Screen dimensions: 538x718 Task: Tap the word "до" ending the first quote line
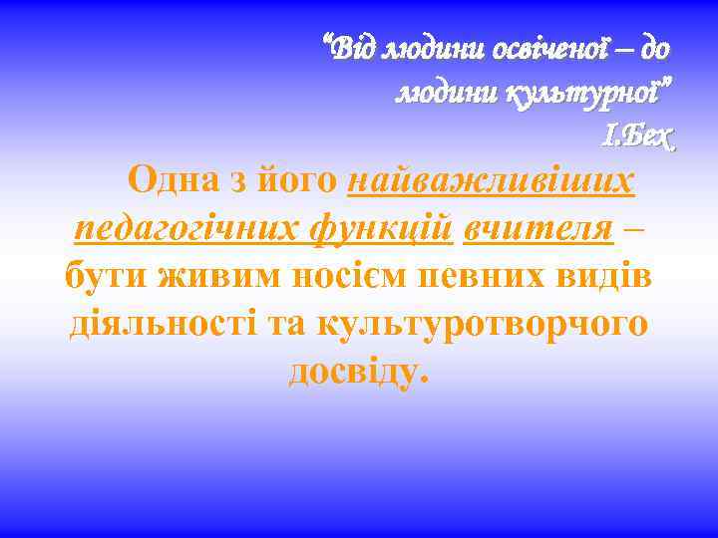point(654,49)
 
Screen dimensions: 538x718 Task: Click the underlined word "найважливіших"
point(491,181)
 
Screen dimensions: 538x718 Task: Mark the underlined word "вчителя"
point(538,228)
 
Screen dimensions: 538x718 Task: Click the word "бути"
point(107,275)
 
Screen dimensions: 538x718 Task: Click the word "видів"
point(609,275)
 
